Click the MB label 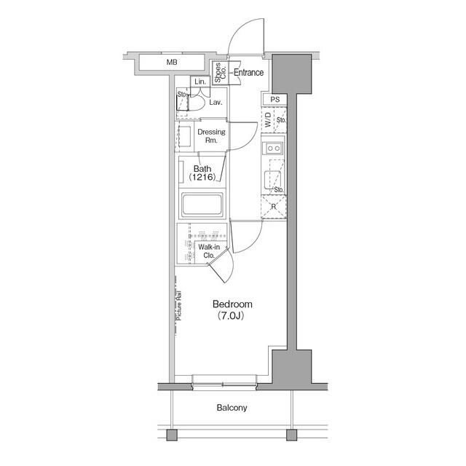point(172,63)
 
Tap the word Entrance point(248,72)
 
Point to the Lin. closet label point(200,82)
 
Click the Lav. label point(216,103)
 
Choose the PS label point(275,99)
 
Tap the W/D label point(268,120)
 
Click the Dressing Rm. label point(212,136)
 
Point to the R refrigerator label point(272,207)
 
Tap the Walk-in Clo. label point(208,252)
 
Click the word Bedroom point(232,304)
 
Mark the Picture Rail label point(178,306)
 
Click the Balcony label point(232,408)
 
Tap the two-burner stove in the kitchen point(275,149)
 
